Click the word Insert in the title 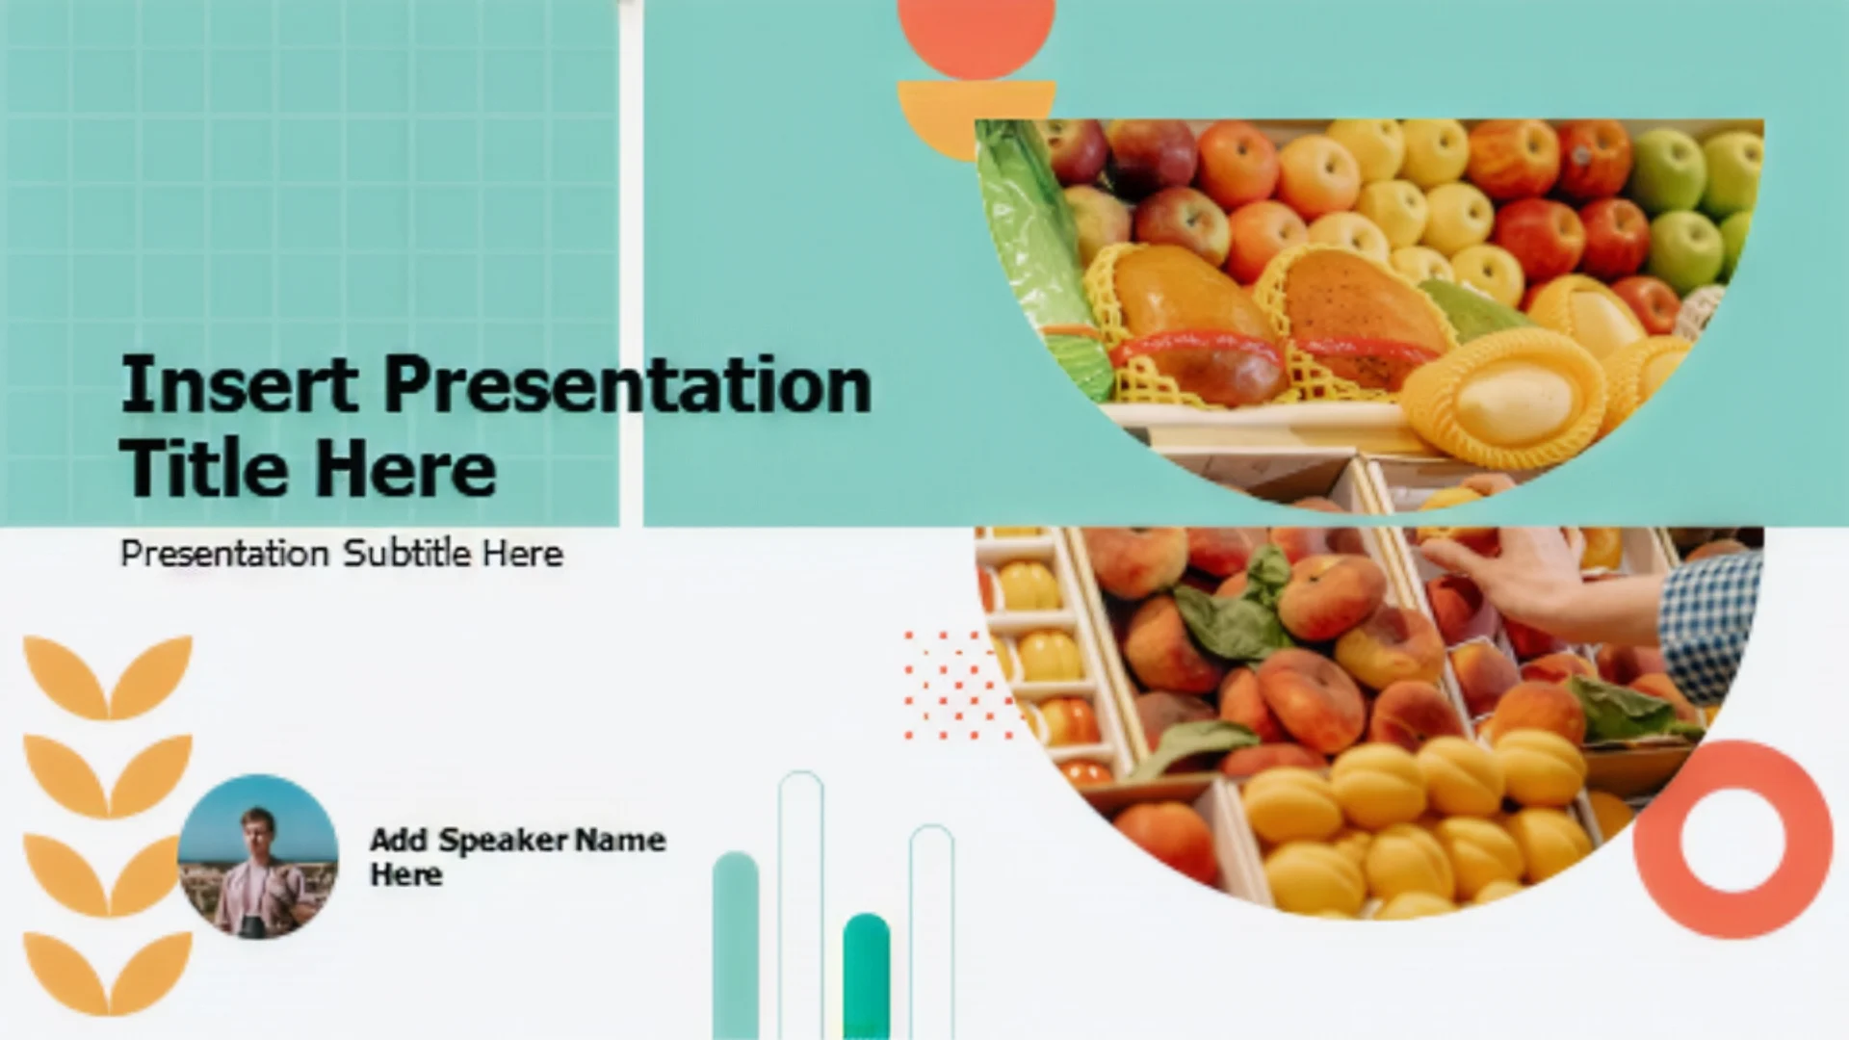pos(239,384)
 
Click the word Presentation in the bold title pos(628,384)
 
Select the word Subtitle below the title pos(406,553)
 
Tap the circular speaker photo pos(258,856)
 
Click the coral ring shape pos(1732,761)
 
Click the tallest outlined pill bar pos(801,905)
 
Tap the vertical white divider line pos(631,263)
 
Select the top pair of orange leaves pos(108,677)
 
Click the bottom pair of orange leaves pos(108,974)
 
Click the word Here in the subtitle pos(523,554)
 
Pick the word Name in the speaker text pos(621,840)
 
